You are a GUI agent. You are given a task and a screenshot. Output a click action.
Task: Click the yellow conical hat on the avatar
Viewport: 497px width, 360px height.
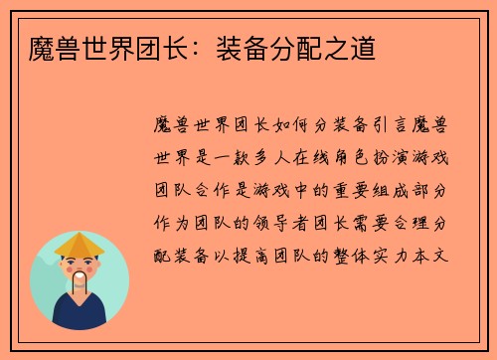pos(80,245)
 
